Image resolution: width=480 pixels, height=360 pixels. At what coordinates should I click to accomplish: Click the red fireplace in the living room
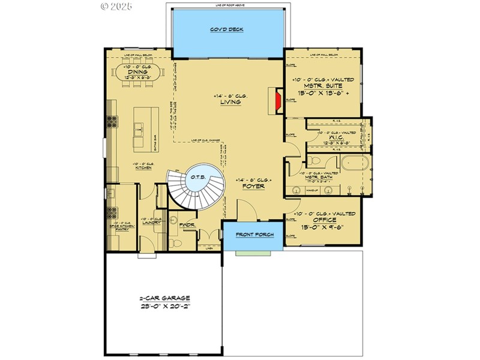pos(277,101)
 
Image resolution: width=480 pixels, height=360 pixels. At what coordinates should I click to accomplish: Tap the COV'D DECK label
pos(226,29)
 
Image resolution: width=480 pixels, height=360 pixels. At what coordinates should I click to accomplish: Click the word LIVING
pos(230,102)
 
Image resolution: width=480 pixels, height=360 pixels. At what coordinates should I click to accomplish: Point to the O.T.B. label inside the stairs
pos(198,177)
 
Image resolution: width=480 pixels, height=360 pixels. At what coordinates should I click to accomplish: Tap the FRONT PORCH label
pos(252,235)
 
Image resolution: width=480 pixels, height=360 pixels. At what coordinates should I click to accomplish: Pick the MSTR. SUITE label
pos(324,86)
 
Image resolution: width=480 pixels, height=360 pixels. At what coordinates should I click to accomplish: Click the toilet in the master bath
pos(313,161)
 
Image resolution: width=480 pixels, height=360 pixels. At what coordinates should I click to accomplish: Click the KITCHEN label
pos(143,168)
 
